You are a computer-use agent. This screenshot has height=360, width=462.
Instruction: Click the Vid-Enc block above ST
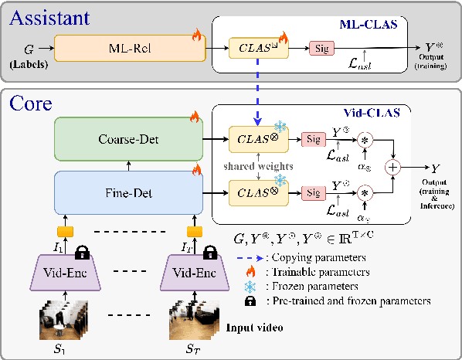point(194,273)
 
